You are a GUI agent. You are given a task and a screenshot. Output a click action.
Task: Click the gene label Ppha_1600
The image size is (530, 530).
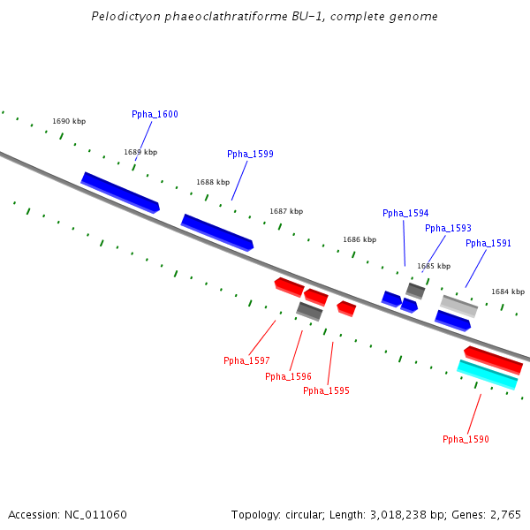155,114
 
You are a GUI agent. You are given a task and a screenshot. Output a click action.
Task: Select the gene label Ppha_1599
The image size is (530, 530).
250,154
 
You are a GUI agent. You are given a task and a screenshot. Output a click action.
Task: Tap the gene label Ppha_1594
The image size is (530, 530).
405,213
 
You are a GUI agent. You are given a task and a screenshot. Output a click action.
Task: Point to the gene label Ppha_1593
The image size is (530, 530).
448,228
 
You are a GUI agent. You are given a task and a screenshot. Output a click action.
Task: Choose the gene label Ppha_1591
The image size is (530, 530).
488,243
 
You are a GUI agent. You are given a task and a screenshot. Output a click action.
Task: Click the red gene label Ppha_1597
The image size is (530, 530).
246,360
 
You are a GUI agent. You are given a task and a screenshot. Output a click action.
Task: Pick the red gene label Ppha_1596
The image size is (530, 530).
288,376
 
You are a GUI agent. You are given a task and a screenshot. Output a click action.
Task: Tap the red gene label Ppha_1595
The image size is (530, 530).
326,390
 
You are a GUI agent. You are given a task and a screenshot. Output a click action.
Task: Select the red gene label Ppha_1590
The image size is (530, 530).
466,439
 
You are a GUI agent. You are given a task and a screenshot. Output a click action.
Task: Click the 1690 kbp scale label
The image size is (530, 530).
69,121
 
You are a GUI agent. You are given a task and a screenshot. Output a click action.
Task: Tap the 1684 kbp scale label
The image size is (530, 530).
508,291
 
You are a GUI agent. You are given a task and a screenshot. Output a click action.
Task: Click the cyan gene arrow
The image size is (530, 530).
487,375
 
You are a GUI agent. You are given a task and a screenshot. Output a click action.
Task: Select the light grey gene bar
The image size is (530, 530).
459,306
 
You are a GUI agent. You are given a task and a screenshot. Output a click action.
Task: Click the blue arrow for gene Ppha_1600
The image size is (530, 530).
120,192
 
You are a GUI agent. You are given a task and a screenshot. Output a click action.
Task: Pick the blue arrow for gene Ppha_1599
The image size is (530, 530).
217,232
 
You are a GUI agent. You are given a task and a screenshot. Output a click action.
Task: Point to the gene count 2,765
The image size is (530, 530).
504,514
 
